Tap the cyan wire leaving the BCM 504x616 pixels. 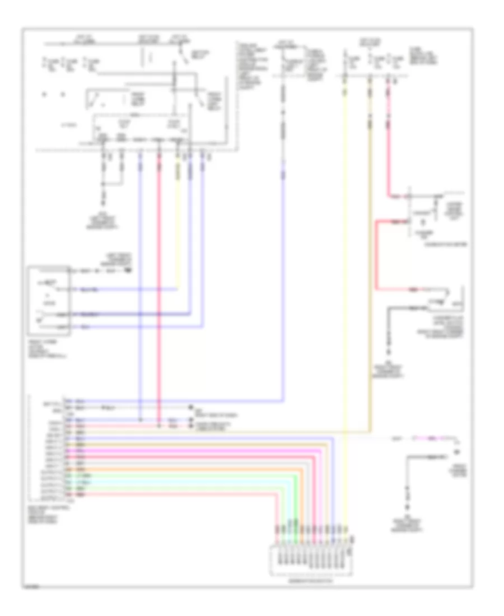(185, 481)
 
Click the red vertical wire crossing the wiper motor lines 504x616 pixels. (159, 280)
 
